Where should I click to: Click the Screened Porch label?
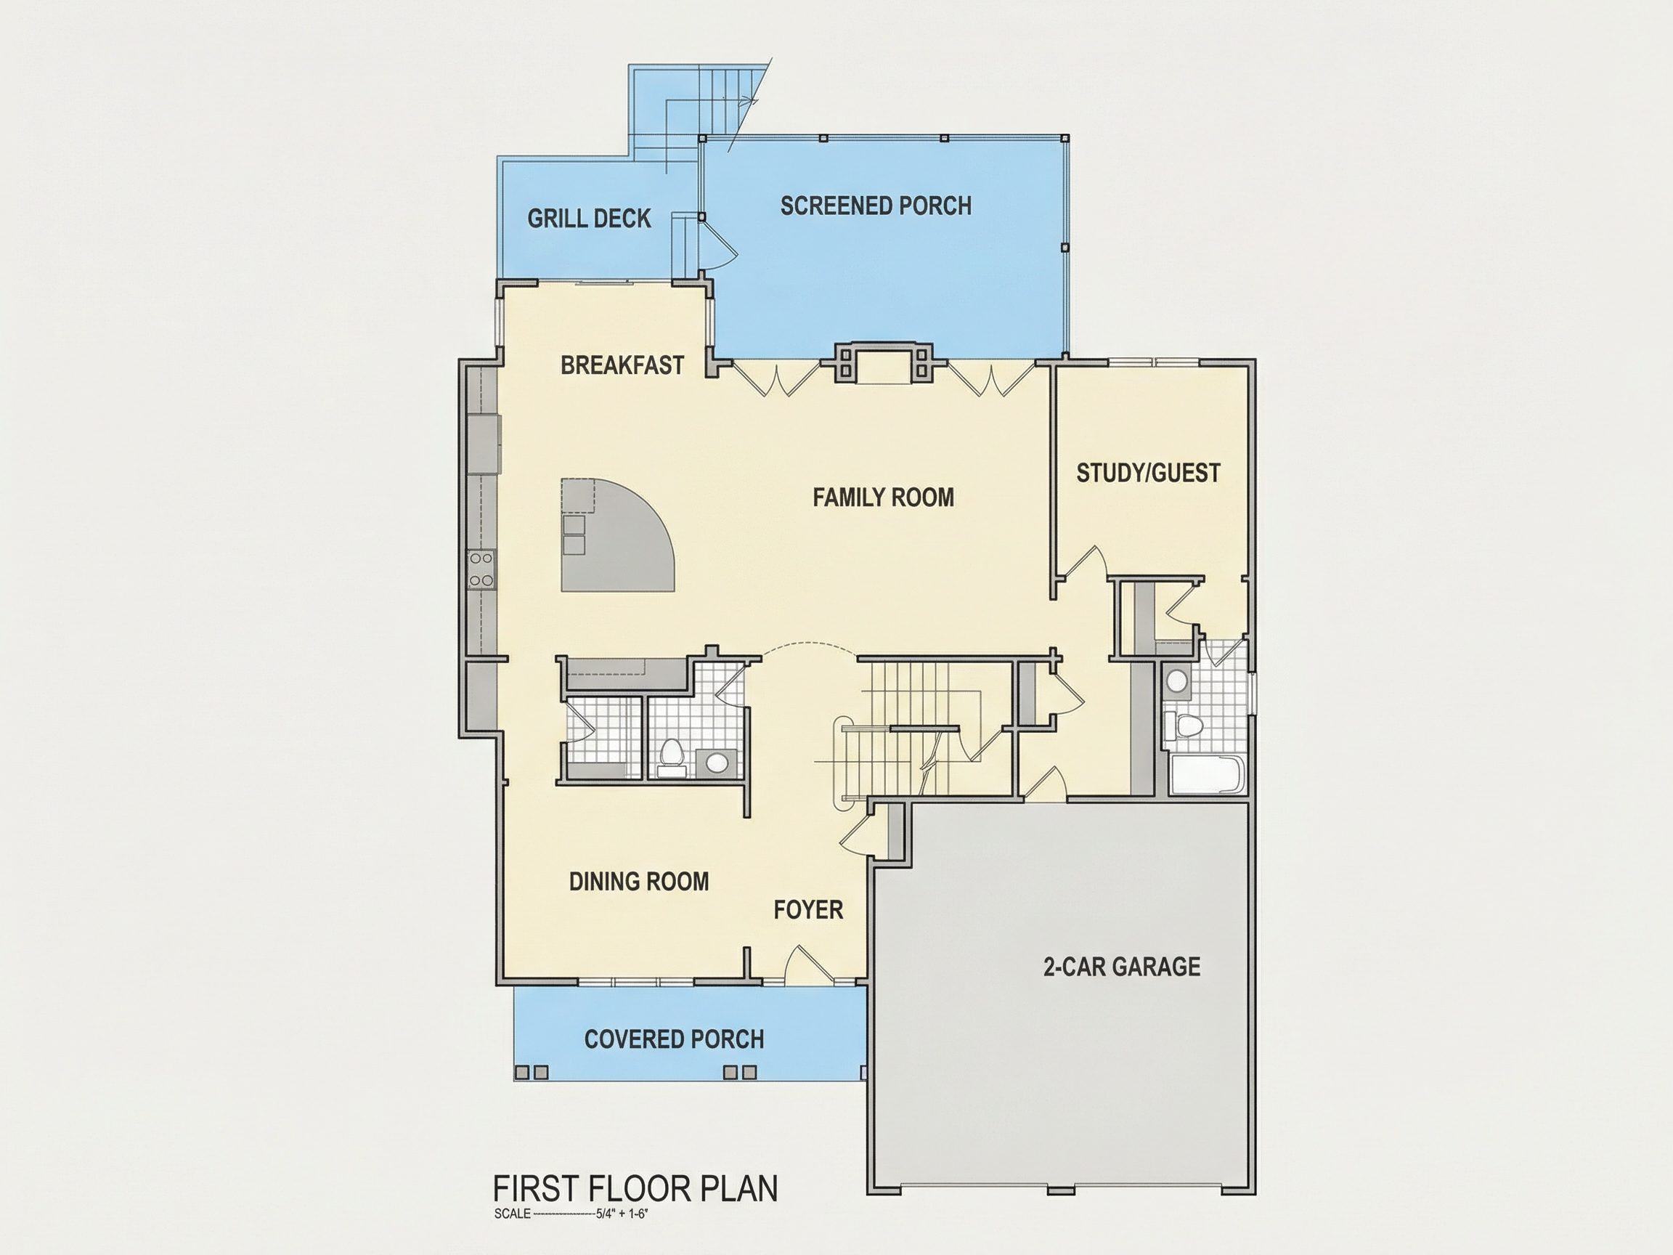click(876, 206)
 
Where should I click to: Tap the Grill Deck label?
click(589, 219)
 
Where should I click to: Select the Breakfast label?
click(622, 365)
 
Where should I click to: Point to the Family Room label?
click(884, 497)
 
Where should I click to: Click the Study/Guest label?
click(1148, 473)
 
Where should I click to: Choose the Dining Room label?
click(639, 881)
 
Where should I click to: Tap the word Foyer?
click(808, 909)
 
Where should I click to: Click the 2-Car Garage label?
click(1122, 966)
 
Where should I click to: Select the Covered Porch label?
click(674, 1039)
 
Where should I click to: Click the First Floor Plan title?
click(635, 1188)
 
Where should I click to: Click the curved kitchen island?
click(613, 539)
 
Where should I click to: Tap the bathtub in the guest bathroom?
click(1205, 776)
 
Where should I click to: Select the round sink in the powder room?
click(715, 762)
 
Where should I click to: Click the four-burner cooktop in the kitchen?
click(481, 569)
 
